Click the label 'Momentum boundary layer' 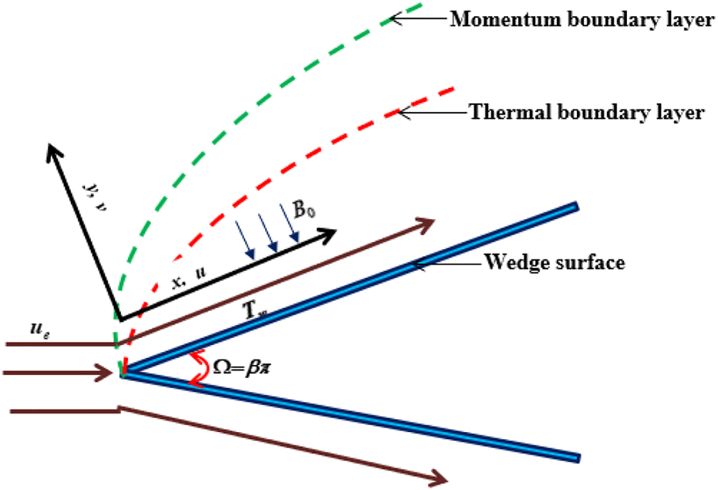coord(581,19)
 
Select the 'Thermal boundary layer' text coord(586,113)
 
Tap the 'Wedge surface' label coord(554,262)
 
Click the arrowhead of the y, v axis coord(53,149)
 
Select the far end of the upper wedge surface coord(575,206)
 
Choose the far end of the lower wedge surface coord(575,457)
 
